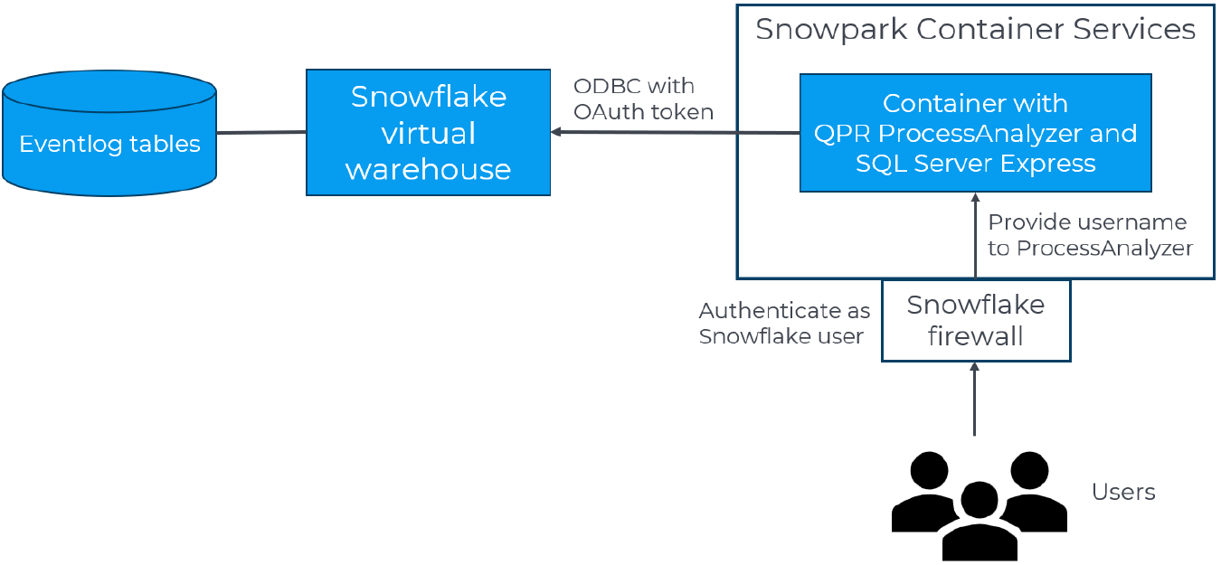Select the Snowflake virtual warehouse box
point(428,132)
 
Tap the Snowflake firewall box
point(975,320)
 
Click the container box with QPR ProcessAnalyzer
point(975,133)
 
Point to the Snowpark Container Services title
point(975,30)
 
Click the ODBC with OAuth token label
point(643,99)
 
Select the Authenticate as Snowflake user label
point(783,324)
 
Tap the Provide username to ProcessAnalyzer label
point(1089,235)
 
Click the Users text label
point(1122,493)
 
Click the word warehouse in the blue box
point(428,169)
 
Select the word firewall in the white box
point(975,336)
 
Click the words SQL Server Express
point(975,164)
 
